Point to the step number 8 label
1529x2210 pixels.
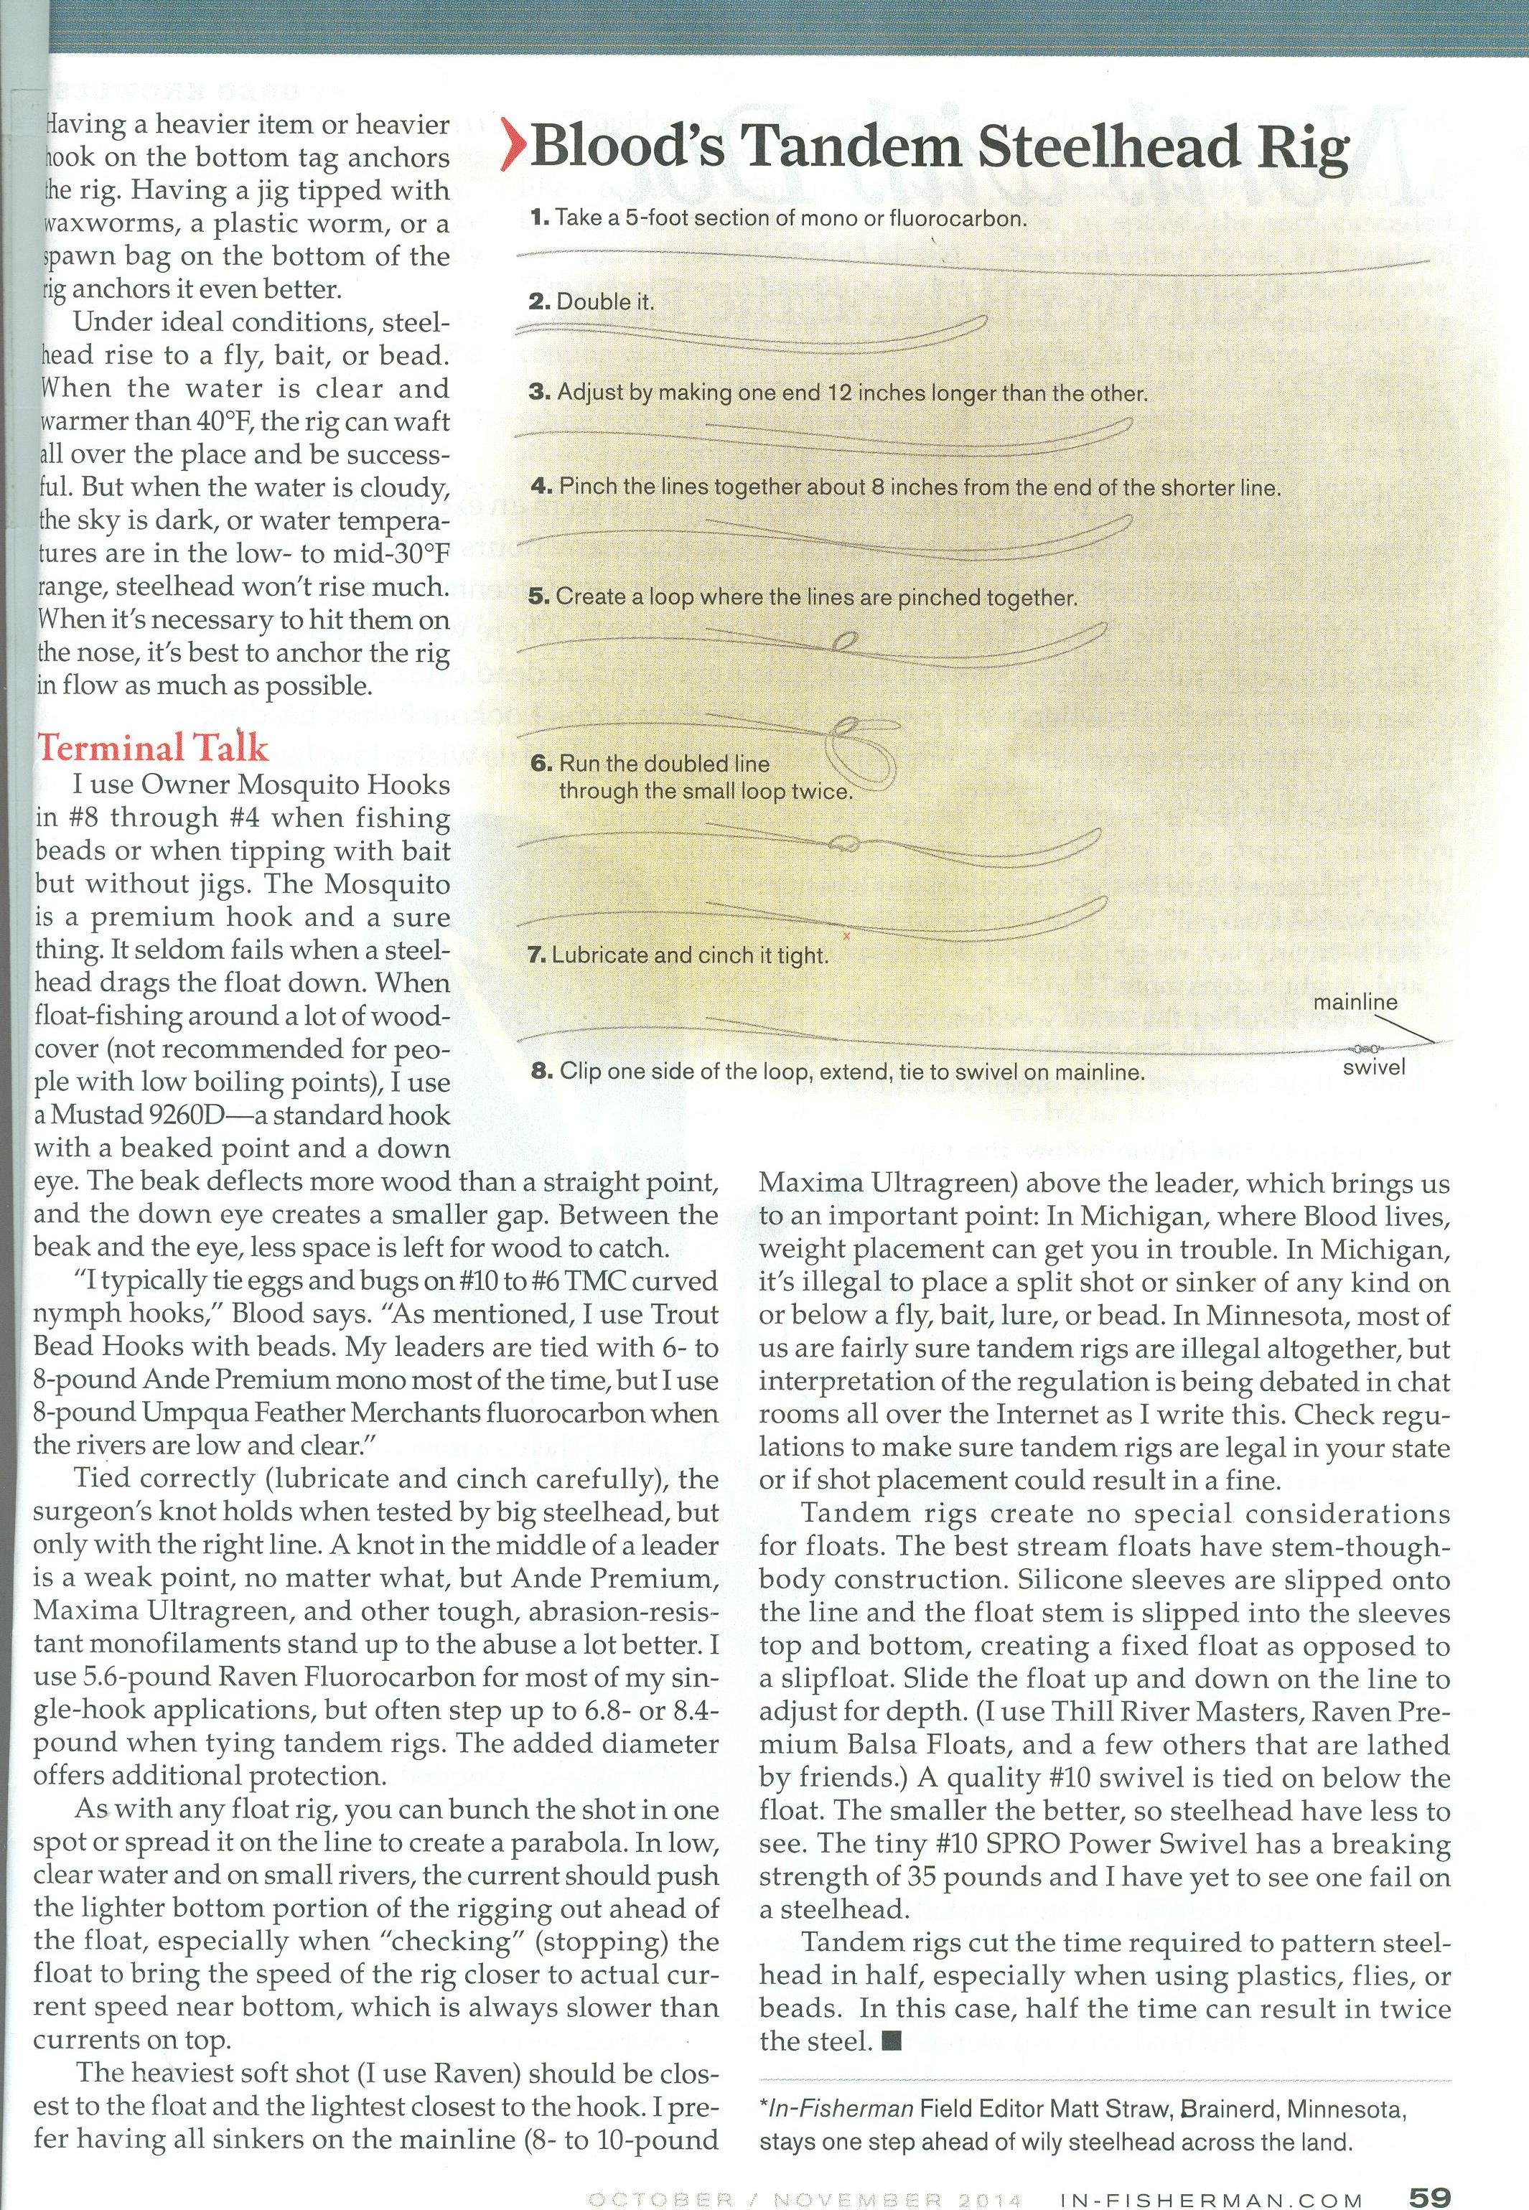(x=541, y=1070)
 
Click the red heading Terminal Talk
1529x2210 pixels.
(x=151, y=748)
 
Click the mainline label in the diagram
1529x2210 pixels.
(x=1355, y=1003)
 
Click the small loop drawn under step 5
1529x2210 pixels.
(x=845, y=641)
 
